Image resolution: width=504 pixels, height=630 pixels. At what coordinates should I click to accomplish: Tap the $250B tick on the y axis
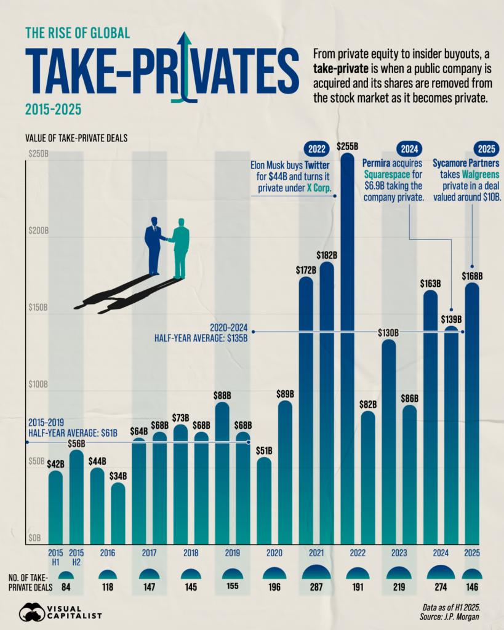(38, 153)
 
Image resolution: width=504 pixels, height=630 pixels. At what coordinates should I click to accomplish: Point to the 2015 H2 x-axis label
(76, 556)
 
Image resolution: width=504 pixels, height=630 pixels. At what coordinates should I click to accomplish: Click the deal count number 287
(316, 587)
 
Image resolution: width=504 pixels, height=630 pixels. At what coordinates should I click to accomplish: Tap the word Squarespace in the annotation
(386, 175)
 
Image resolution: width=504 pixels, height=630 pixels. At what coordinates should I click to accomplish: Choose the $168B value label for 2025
(472, 277)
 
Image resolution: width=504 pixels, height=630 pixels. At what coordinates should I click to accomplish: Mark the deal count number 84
(65, 587)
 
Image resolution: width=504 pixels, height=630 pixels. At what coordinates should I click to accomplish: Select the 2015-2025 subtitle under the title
(54, 110)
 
